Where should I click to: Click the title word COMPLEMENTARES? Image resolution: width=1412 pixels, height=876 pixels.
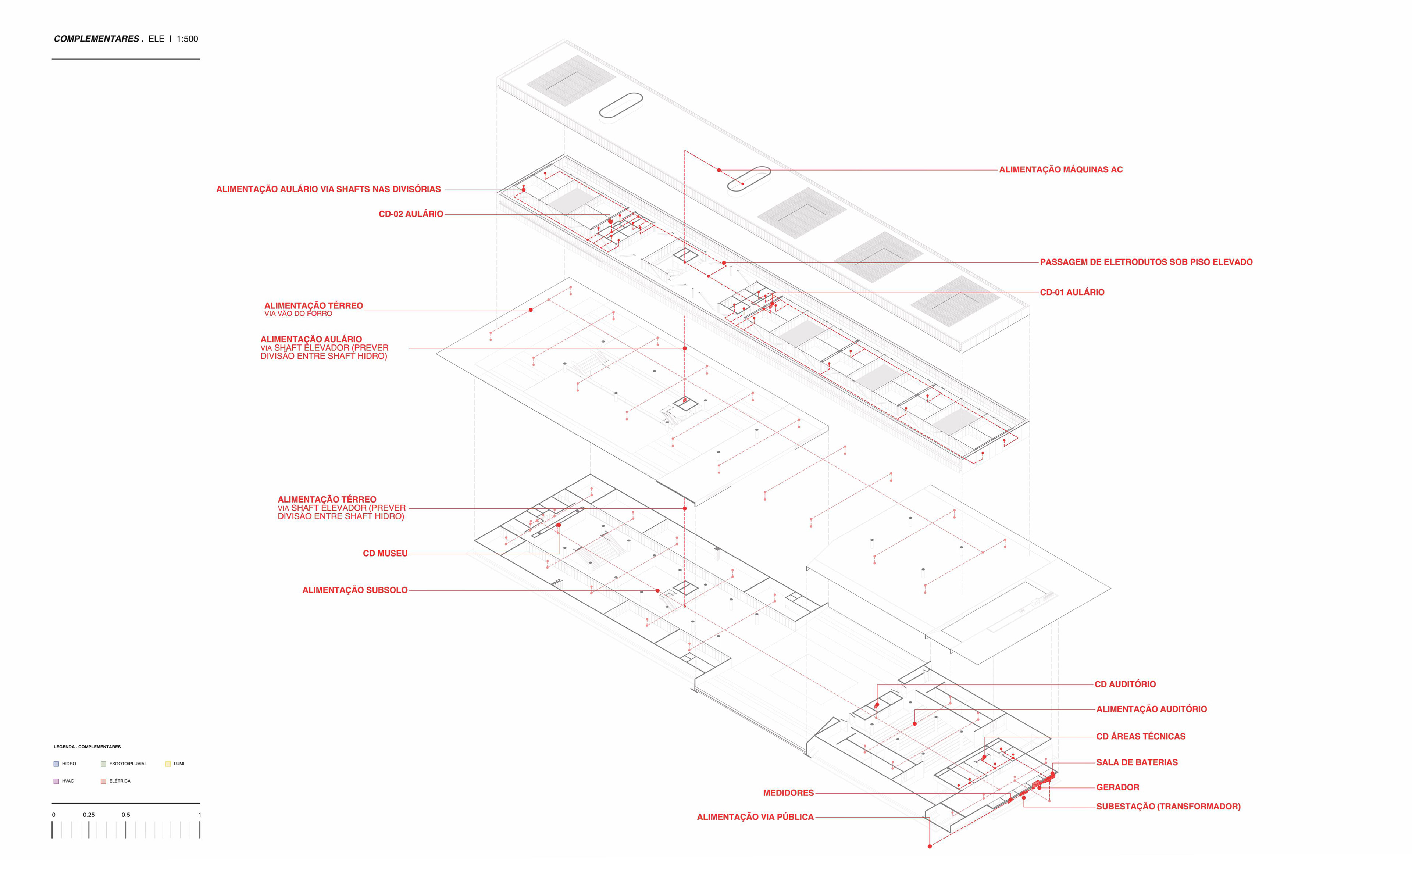tap(97, 39)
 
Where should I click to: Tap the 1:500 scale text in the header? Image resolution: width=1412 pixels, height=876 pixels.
tap(187, 39)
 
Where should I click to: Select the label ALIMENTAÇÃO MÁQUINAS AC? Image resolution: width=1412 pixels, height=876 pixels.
tap(1060, 170)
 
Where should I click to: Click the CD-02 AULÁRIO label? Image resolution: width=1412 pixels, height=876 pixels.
tap(411, 214)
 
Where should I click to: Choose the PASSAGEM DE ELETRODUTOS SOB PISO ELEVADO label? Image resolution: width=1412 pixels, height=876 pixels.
tap(1145, 262)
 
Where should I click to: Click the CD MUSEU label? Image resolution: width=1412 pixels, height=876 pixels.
tap(385, 553)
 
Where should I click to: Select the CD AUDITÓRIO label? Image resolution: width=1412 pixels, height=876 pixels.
tap(1124, 684)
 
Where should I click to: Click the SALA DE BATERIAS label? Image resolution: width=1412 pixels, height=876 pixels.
tap(1136, 762)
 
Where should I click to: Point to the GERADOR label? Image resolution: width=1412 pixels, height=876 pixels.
tap(1117, 787)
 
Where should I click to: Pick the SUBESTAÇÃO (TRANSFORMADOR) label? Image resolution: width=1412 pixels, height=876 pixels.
tap(1167, 807)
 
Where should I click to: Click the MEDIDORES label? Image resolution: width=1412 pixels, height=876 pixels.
tap(788, 793)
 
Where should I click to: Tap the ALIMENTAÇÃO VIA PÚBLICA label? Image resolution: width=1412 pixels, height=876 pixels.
tap(755, 817)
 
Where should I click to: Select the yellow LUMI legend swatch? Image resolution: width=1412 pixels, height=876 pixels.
tap(168, 764)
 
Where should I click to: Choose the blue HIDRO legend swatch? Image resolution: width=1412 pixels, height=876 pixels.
tap(56, 764)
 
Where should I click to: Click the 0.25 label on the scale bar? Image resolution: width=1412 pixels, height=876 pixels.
tap(89, 815)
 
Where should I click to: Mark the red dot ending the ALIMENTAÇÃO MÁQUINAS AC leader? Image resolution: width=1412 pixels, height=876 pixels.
tap(719, 170)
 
